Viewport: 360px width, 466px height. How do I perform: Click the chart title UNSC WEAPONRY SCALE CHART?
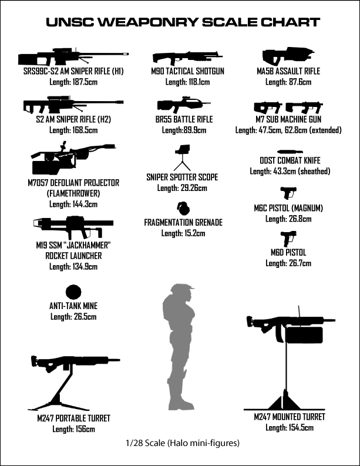(183, 23)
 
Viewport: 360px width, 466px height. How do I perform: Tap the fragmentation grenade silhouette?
(183, 209)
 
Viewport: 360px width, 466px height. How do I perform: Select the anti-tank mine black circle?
(73, 292)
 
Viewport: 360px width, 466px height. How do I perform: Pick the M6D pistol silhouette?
(288, 238)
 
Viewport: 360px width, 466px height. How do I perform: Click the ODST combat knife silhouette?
(290, 151)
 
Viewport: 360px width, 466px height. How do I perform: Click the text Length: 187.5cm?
(73, 82)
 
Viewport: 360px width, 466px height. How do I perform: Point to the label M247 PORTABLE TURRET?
(73, 418)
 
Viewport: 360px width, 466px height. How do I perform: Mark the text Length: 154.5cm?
(289, 427)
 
